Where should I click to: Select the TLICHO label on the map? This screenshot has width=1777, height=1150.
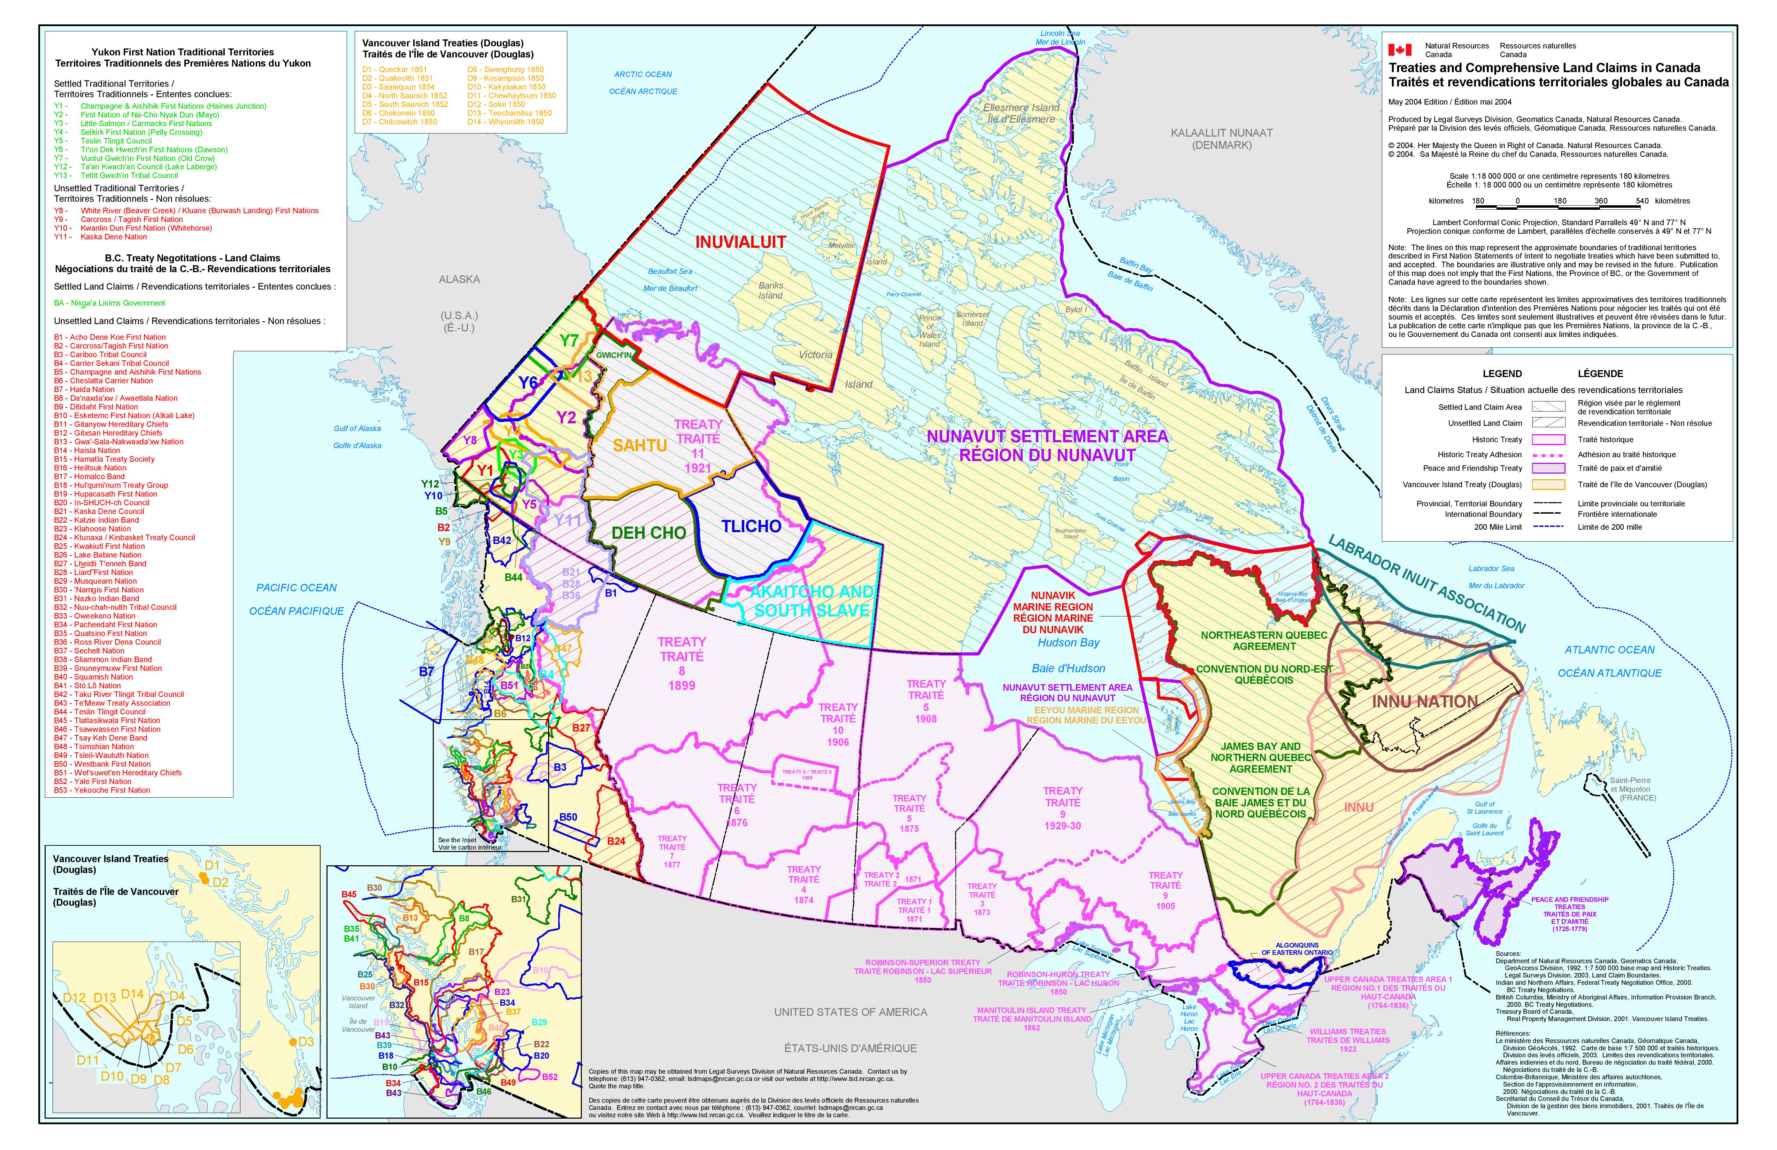(751, 527)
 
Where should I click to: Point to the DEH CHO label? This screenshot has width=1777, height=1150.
(648, 533)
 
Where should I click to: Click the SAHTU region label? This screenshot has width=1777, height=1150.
(639, 446)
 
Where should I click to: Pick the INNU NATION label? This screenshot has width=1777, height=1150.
(1425, 702)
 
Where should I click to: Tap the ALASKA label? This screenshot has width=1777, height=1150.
(459, 279)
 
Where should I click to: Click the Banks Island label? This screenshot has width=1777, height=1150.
(770, 291)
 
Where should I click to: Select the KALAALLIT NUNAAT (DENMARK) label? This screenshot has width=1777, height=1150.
(1222, 139)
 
